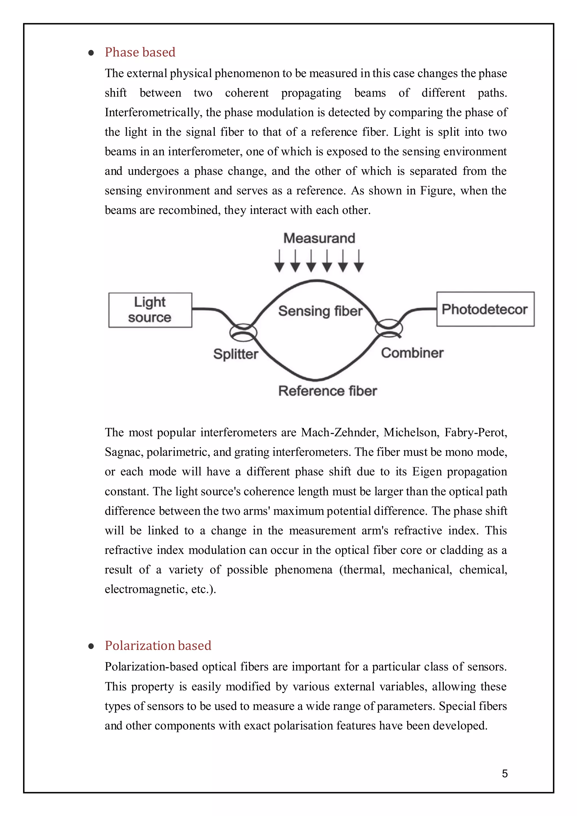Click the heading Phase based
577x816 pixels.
pos(140,52)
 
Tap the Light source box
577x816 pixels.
pos(150,310)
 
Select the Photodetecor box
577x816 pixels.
pos(485,309)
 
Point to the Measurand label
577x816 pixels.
pos(319,238)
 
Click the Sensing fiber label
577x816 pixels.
pos(320,311)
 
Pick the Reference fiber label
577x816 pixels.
pos(327,391)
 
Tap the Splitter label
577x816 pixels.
pos(236,354)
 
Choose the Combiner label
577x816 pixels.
pos(412,353)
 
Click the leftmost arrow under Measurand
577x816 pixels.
pos(279,261)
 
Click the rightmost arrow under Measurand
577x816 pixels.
pos(359,261)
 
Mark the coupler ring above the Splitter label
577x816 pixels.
pos(243,332)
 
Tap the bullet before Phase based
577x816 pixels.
pos(91,53)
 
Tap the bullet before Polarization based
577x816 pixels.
pos(91,646)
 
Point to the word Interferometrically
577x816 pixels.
pos(153,113)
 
